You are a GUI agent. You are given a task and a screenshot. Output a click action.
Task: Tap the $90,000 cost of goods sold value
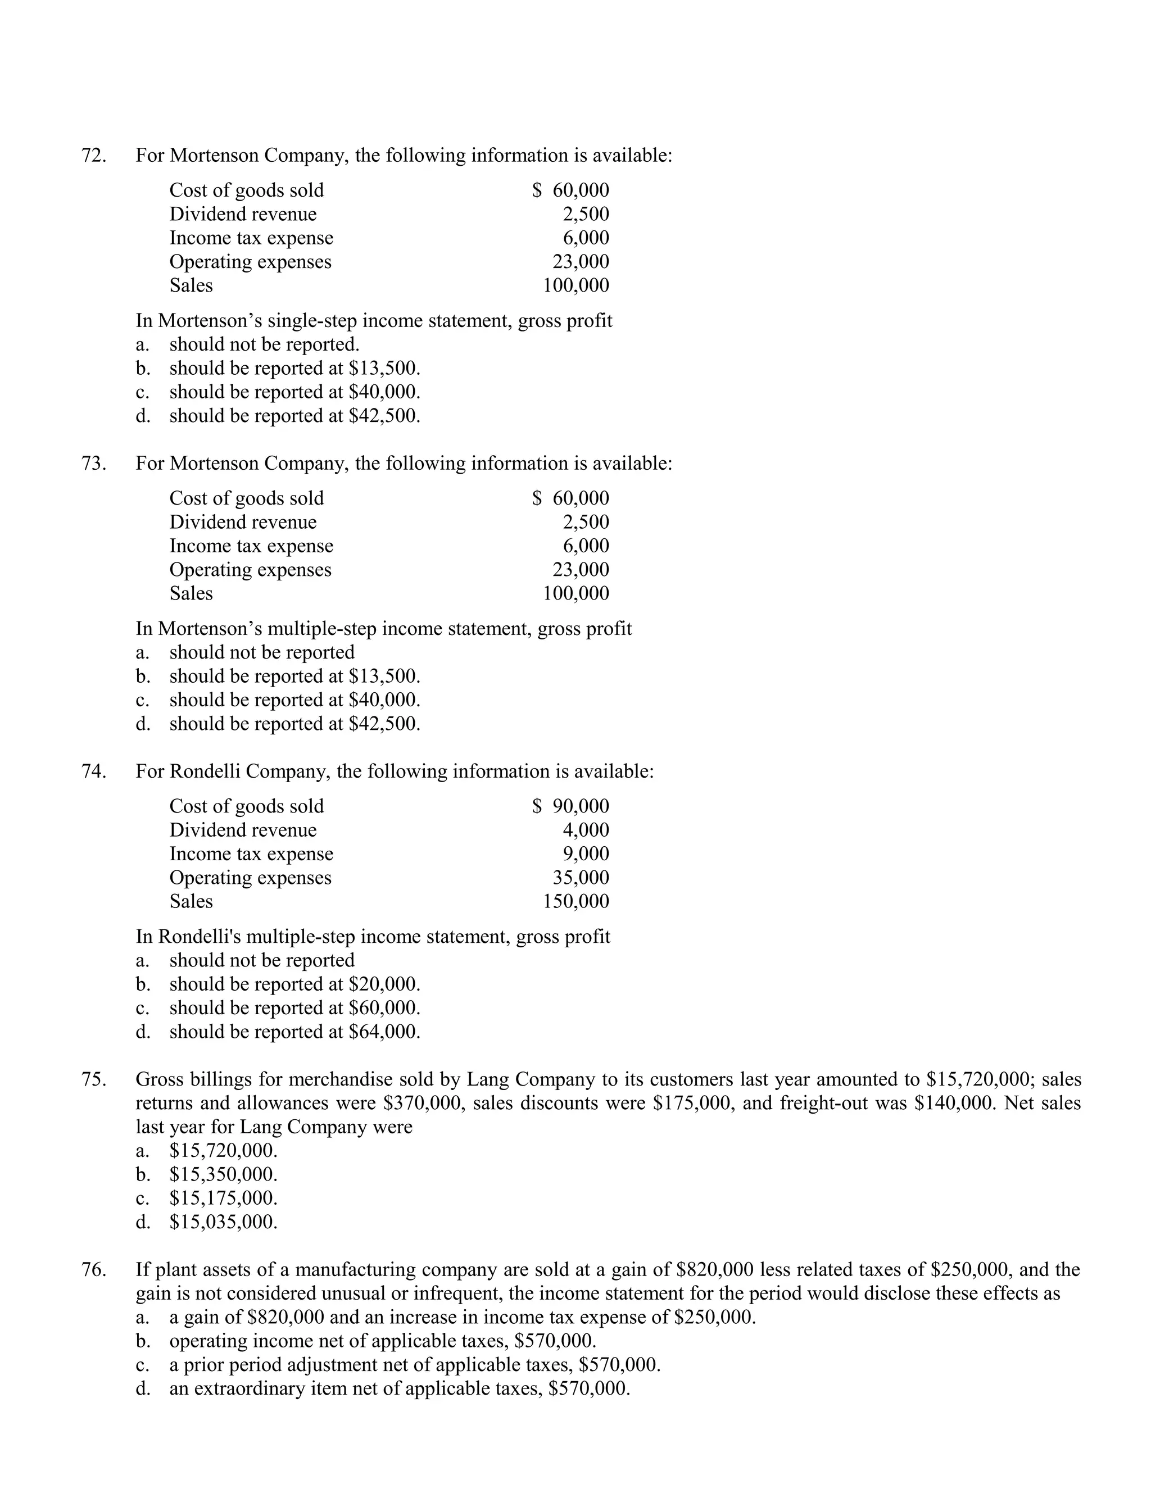(571, 806)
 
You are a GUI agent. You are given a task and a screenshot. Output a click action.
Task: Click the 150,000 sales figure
(575, 901)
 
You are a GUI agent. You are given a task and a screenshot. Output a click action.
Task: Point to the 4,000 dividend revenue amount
(586, 830)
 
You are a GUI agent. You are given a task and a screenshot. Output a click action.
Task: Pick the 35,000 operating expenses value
(581, 878)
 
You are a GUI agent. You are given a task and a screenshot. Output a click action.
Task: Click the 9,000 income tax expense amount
(586, 854)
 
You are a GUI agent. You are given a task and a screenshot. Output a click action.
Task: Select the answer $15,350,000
(223, 1174)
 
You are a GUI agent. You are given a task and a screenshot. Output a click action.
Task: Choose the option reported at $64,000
(294, 1032)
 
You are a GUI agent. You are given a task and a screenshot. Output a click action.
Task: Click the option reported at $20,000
(294, 984)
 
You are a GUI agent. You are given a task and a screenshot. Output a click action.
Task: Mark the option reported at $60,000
(294, 1007)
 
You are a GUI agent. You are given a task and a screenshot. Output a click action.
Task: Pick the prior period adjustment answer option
(415, 1365)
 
